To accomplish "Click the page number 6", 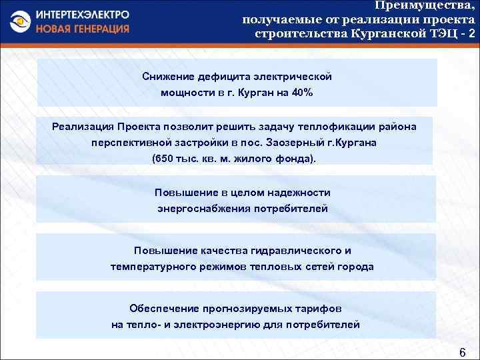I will click(462, 351).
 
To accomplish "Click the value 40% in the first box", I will click(301, 93).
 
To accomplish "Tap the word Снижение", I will click(168, 77).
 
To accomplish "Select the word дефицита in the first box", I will click(221, 77).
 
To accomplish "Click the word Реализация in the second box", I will click(82, 127).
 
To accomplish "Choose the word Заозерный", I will click(299, 143).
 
